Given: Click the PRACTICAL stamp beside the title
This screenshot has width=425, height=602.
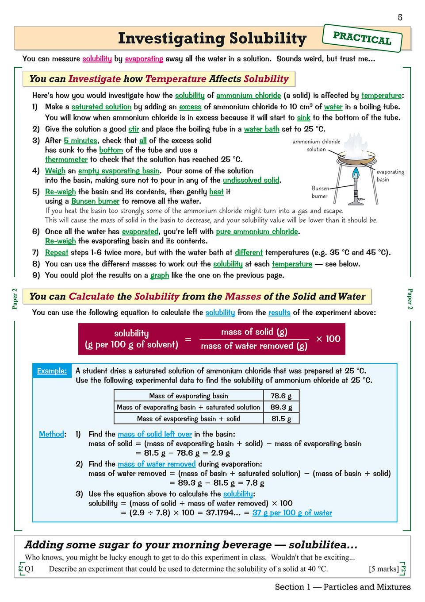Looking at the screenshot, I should (362, 38).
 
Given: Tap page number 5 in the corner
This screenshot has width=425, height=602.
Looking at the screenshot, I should (400, 17).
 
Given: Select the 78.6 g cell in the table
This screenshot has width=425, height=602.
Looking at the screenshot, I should (281, 396).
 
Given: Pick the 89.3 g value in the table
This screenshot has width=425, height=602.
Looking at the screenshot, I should (281, 407).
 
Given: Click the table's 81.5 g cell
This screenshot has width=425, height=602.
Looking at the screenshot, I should (281, 418).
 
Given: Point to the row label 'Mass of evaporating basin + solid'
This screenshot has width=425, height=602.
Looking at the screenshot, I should (188, 418).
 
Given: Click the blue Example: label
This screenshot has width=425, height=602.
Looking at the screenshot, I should (52, 371).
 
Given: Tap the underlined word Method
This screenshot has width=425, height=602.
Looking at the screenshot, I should (51, 434).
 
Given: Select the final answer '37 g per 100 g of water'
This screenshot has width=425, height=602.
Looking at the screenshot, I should (292, 513).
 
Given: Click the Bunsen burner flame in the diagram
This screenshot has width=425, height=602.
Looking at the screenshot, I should (356, 174).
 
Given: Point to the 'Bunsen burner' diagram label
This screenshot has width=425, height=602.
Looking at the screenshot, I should (320, 192).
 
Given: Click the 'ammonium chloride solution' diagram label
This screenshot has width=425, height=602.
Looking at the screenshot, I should (316, 145).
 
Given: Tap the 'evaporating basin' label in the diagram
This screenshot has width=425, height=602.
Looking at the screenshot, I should (390, 175).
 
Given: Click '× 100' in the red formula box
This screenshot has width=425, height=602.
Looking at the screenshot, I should (328, 339).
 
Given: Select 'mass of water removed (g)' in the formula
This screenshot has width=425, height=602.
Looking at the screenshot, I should (254, 346).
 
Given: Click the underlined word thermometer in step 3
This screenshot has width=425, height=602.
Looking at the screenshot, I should (66, 159).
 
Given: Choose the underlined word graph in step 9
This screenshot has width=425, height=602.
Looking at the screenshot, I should (160, 275).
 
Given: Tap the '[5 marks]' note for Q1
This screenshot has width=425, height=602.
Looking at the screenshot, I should (383, 569).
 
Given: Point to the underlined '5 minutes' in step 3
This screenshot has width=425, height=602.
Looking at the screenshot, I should (80, 140).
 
